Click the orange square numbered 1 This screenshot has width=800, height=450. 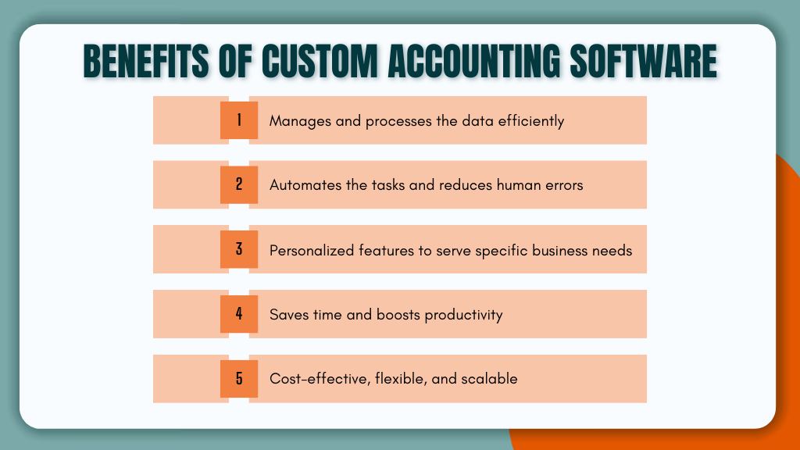239,120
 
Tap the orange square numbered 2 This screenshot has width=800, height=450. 239,184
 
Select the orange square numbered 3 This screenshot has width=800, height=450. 239,249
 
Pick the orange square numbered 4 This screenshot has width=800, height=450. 239,314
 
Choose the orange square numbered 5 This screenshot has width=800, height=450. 239,379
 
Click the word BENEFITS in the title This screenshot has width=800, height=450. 146,61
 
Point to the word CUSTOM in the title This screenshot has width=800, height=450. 320,61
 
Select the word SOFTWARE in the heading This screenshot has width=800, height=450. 644,61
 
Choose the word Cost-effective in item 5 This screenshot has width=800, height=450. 320,379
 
